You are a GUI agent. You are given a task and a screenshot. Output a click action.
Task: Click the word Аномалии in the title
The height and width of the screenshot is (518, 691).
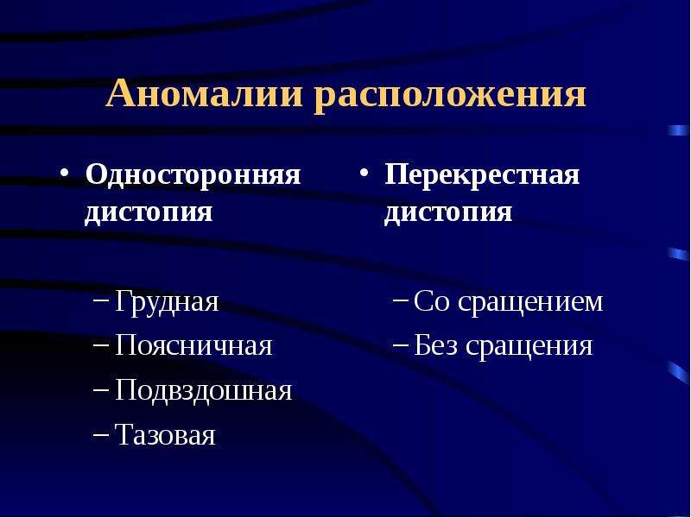point(204,93)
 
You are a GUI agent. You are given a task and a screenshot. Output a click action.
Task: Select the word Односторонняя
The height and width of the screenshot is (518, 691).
point(193,174)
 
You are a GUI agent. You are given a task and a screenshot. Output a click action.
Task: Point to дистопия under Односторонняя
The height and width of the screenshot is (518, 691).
point(149,212)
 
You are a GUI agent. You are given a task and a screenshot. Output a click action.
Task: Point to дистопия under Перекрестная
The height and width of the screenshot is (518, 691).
point(447,212)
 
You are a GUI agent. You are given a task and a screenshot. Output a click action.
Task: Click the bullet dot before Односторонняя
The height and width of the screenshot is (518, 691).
point(64,172)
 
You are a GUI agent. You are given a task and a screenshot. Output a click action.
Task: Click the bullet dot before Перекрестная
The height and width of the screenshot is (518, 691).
point(364,172)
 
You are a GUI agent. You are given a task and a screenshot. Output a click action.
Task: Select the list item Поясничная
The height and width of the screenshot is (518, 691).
point(193,344)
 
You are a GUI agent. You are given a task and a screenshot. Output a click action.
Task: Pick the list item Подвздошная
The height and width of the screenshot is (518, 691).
point(203,390)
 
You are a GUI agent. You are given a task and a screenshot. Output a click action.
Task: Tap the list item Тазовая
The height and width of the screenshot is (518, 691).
point(165,435)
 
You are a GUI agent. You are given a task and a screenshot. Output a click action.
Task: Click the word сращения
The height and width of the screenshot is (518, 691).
point(529,346)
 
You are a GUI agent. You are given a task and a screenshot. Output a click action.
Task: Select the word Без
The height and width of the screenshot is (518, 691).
point(435,344)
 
